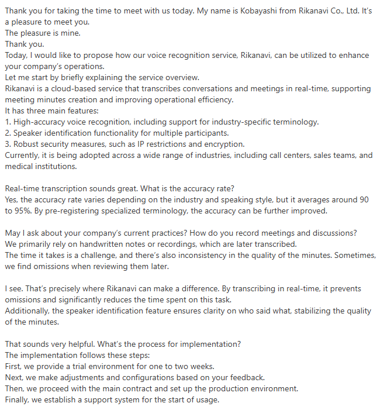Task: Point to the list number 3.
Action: coord(7,144)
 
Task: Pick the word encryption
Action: coord(222,144)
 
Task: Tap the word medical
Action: coord(19,166)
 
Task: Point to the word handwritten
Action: coord(96,243)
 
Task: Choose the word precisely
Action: coord(65,288)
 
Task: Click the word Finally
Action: coord(18,399)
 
